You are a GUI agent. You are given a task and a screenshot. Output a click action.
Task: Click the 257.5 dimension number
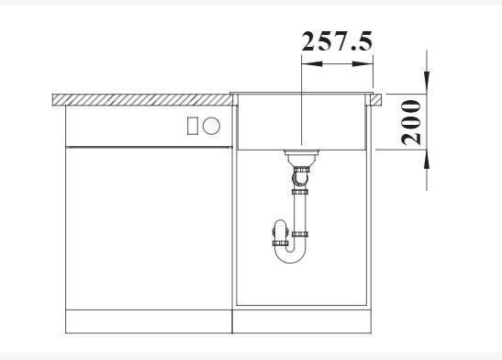(337, 41)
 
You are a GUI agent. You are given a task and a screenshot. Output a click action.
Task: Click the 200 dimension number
(411, 122)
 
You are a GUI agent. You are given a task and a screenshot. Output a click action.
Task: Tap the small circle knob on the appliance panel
(211, 126)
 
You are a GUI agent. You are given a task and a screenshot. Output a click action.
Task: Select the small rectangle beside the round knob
(193, 126)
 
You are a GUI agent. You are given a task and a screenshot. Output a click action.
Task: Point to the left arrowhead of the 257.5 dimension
(312, 63)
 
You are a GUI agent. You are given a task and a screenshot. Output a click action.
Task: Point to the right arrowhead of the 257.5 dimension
(363, 63)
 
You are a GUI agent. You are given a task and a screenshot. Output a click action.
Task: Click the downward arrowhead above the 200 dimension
(427, 83)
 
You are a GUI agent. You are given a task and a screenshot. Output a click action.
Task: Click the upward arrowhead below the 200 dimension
(427, 160)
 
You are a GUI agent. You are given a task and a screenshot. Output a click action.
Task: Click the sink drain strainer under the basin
(301, 157)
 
